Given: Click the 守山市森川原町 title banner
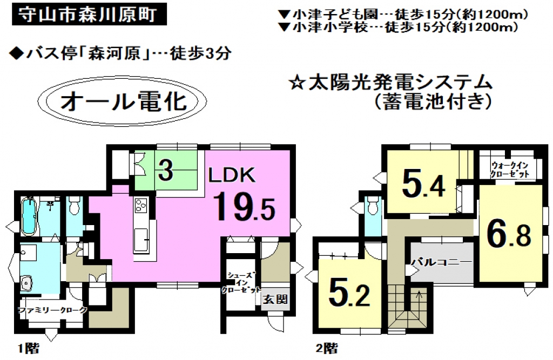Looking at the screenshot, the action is [89, 15].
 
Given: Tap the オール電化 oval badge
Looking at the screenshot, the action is [123, 102].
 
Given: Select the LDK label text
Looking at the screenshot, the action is [232, 175].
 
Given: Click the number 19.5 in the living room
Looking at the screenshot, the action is [244, 207].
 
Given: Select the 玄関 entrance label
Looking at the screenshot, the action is [275, 300].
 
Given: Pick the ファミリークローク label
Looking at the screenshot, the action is [52, 310].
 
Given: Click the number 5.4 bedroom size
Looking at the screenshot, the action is [423, 185].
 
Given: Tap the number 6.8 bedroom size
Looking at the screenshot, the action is [510, 234].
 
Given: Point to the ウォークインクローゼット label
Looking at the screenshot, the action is [510, 169].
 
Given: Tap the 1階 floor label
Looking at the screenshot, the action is [29, 349].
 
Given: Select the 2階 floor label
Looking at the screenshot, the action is [327, 349].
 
